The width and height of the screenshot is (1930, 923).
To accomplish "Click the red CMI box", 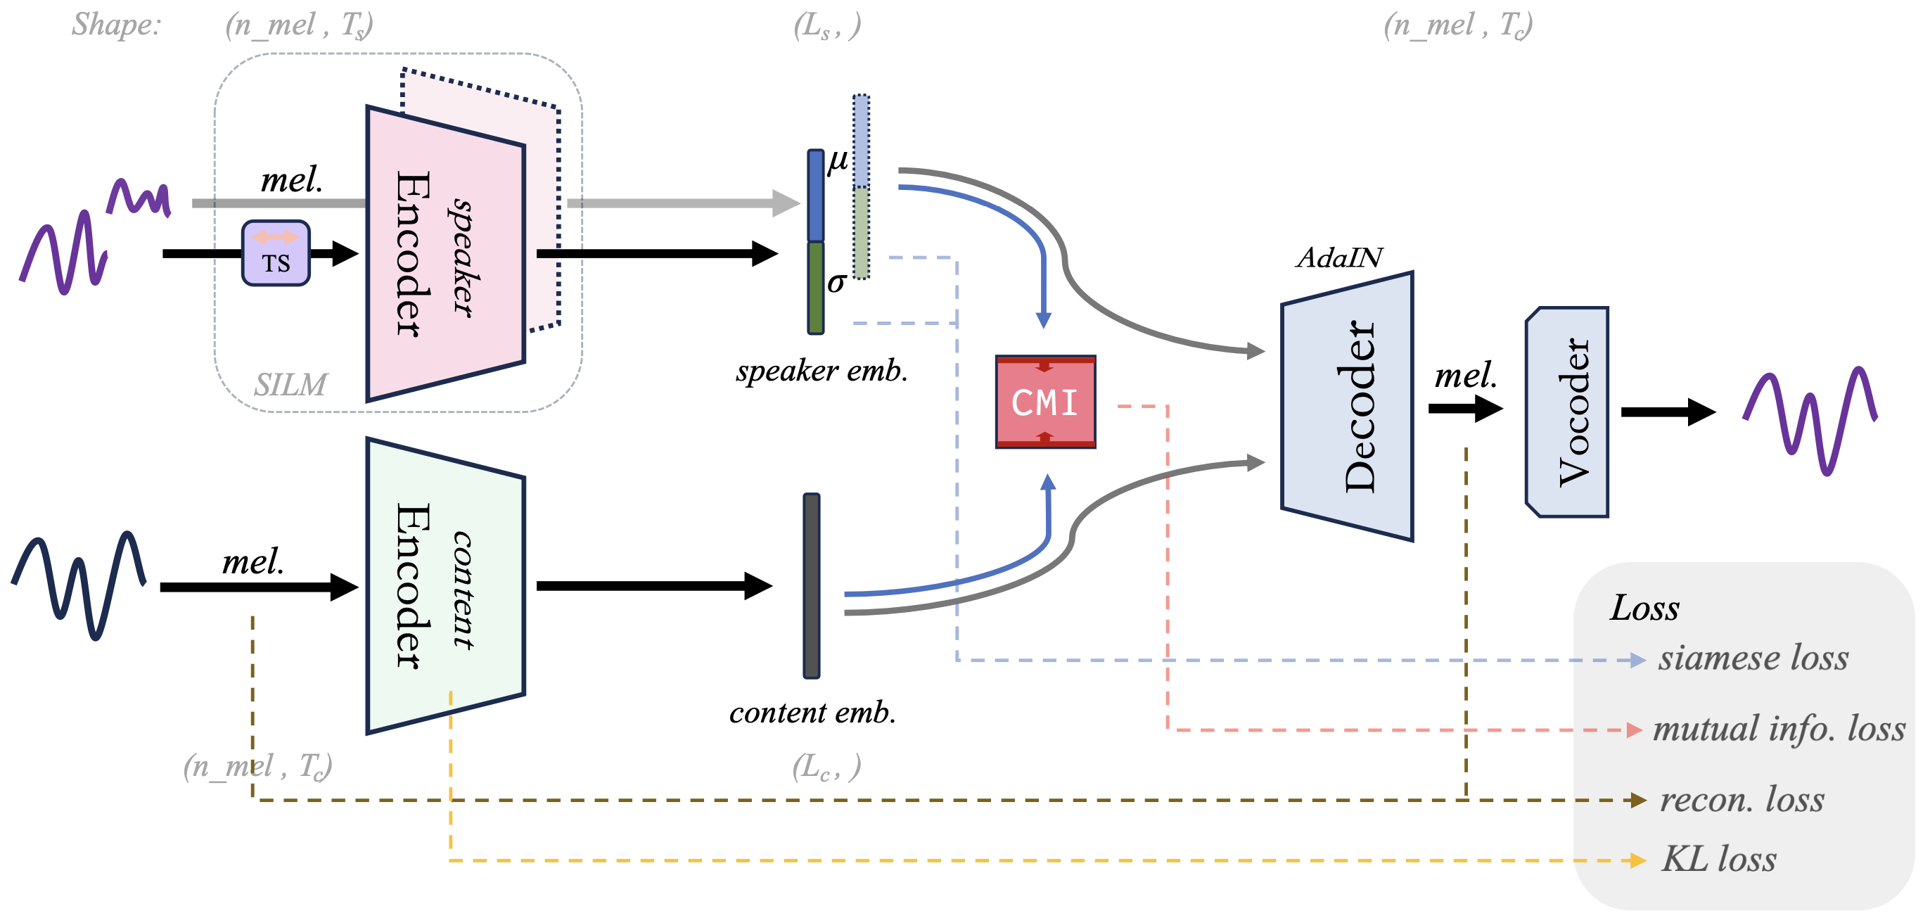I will pyautogui.click(x=1045, y=402).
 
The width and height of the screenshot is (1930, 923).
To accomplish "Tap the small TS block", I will pyautogui.click(x=276, y=253).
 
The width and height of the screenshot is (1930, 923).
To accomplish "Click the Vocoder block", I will pyautogui.click(x=1567, y=412).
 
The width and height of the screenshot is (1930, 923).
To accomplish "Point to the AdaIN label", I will pyautogui.click(x=1339, y=257).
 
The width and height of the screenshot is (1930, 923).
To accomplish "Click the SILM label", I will pyautogui.click(x=290, y=385).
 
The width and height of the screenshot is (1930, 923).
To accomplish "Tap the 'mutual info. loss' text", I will pyautogui.click(x=1779, y=729).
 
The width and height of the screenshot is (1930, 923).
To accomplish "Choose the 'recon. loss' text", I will pyautogui.click(x=1742, y=799).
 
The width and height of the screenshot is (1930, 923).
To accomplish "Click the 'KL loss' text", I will pyautogui.click(x=1719, y=858).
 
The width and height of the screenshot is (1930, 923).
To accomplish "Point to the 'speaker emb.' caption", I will pyautogui.click(x=822, y=371).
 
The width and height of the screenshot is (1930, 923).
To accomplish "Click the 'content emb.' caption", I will pyautogui.click(x=812, y=713).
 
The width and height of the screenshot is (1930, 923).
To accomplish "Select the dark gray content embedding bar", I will pyautogui.click(x=812, y=586).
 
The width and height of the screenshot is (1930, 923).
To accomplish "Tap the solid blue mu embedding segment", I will pyautogui.click(x=816, y=196).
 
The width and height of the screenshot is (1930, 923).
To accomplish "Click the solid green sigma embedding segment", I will pyautogui.click(x=816, y=288).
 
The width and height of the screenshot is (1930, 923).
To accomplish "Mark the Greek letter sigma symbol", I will pyautogui.click(x=837, y=284).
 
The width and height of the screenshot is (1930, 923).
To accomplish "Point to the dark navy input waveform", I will pyautogui.click(x=79, y=585).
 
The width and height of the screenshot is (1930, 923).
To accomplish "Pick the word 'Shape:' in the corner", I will pyautogui.click(x=116, y=25).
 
